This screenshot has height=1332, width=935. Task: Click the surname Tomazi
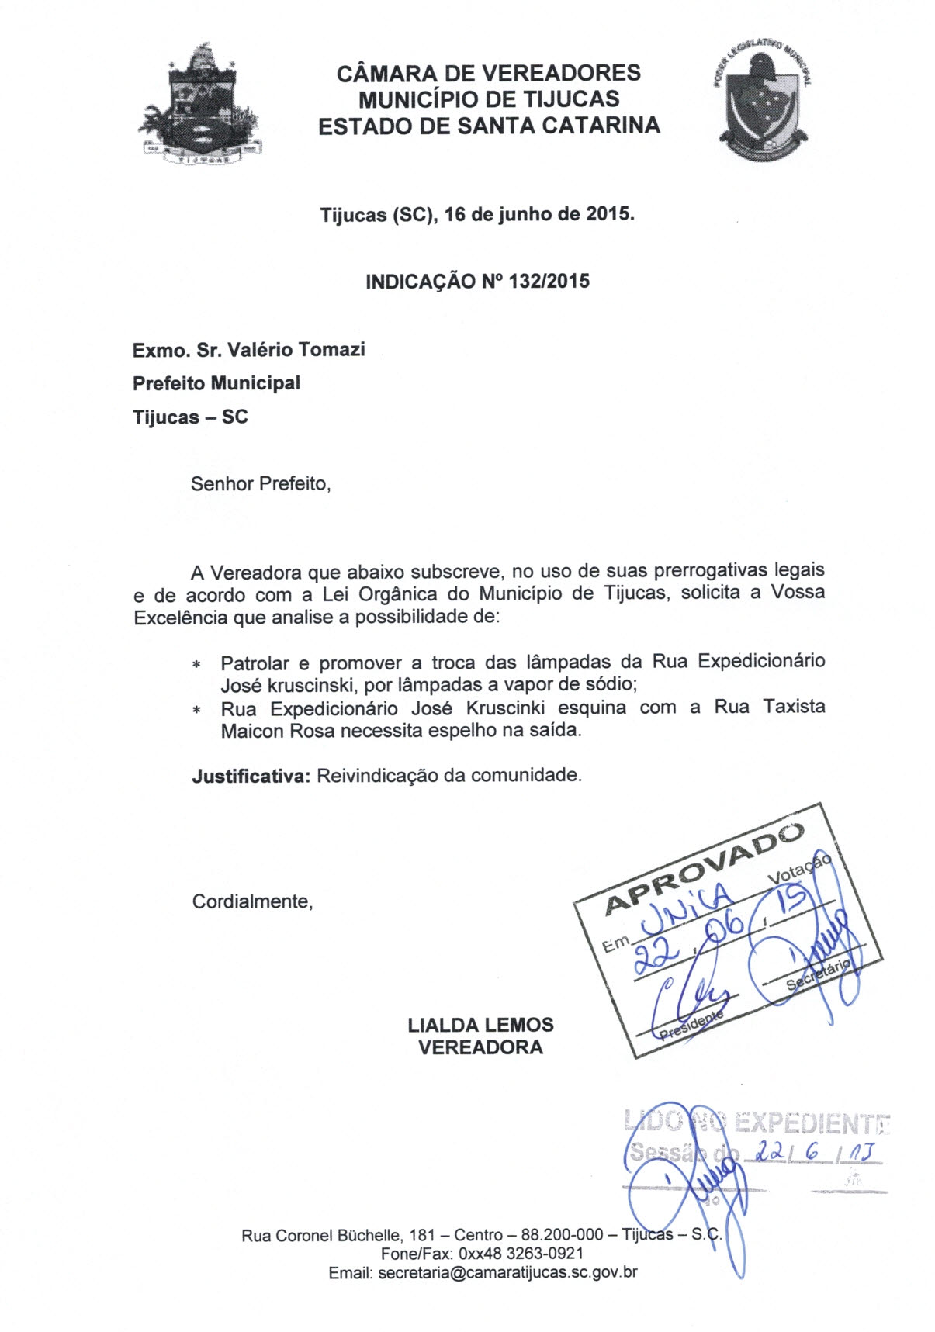click(331, 350)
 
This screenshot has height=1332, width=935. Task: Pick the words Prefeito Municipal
click(216, 383)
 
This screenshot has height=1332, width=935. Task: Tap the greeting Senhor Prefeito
click(260, 484)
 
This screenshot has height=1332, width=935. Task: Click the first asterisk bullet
click(197, 665)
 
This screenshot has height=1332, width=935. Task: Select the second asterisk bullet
click(197, 711)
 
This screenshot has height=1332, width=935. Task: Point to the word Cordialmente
click(252, 901)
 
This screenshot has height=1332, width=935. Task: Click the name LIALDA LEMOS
click(480, 1025)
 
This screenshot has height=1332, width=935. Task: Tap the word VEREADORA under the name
click(480, 1047)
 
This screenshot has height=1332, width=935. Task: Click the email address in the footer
click(507, 1272)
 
